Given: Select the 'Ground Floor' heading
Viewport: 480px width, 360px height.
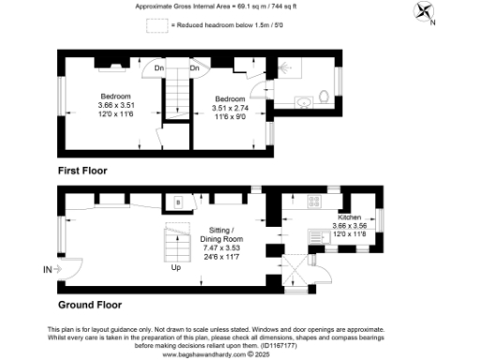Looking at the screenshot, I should (91, 305).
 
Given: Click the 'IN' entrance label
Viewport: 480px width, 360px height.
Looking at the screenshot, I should (48, 270).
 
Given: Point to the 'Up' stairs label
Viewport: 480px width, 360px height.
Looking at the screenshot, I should (176, 268).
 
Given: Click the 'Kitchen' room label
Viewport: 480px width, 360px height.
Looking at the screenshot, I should (351, 217).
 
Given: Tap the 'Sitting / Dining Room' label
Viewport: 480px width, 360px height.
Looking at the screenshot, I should (221, 234).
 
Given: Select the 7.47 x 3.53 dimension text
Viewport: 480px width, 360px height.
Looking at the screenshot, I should (221, 248).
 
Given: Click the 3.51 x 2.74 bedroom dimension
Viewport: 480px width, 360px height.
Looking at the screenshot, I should (230, 108).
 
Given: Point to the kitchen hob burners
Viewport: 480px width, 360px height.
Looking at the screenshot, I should (334, 199).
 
